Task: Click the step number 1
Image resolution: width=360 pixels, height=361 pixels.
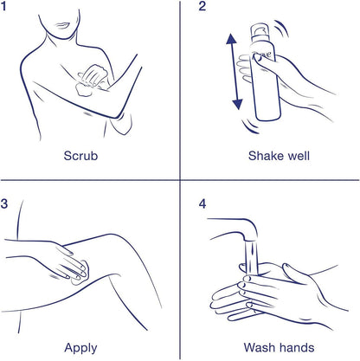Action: [x=3, y=6]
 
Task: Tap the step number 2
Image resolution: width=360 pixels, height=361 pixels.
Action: [x=202, y=6]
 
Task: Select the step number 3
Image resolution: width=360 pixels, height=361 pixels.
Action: [x=4, y=203]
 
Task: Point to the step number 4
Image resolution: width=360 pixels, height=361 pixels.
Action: [x=202, y=203]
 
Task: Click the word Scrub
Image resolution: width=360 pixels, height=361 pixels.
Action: [x=80, y=156]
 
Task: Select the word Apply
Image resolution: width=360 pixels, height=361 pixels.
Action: [x=80, y=348]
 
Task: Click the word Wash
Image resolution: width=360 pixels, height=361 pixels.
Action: [x=258, y=347]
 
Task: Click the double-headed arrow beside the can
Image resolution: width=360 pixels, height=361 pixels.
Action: [x=235, y=71]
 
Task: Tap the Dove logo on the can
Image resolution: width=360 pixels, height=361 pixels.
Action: [x=261, y=55]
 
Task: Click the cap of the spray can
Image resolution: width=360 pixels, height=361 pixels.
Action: [x=260, y=32]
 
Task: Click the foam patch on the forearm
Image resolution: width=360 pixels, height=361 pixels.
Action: [x=84, y=89]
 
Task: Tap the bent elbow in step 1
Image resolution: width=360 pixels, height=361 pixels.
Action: [x=118, y=115]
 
